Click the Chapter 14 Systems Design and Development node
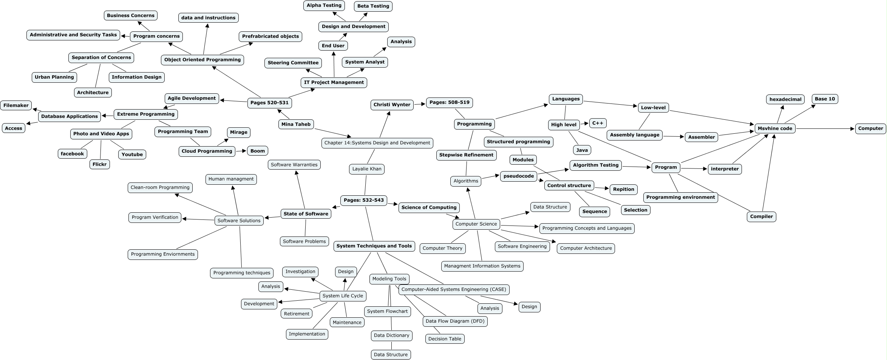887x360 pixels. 377,143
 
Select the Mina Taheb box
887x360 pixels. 296,124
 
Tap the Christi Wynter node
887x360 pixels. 392,105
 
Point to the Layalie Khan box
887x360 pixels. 366,169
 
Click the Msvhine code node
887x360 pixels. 775,128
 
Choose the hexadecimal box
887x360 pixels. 785,99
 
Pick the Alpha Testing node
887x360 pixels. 324,5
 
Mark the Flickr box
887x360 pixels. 99,164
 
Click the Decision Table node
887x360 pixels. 445,339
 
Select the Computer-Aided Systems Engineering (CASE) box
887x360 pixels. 454,289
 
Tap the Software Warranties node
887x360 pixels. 294,165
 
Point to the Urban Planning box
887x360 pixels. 54,77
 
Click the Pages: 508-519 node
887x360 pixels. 449,102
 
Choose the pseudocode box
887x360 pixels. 519,176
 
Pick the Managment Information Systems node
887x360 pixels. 482,266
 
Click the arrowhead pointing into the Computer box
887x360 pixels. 852,129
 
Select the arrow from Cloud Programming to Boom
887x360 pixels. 241,151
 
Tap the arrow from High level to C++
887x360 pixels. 584,124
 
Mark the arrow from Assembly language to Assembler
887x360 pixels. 674,136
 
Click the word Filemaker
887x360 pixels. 16,105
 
